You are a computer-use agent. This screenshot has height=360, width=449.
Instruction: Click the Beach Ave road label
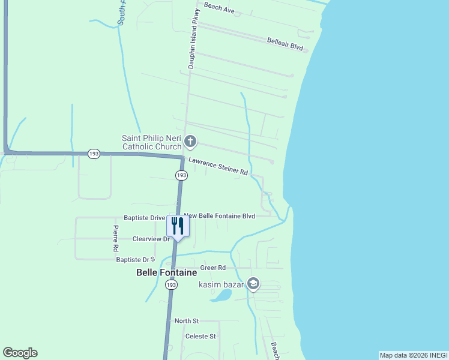pos(218,8)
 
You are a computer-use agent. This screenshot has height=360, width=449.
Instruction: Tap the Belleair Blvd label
pos(285,43)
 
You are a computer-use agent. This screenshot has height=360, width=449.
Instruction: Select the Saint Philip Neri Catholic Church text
pos(151,142)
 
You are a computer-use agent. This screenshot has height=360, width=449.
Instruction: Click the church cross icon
pos(190,142)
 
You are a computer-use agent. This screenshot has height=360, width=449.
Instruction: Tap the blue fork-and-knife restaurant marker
pos(177,226)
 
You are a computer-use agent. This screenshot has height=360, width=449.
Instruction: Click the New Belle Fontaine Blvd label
pos(220,216)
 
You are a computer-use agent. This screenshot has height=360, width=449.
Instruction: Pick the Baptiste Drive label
pos(144,218)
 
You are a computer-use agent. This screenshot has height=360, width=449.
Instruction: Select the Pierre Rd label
pos(116,238)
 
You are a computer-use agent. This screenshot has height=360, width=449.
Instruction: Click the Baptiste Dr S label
pos(136,260)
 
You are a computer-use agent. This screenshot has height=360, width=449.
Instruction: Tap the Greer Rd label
pos(213,268)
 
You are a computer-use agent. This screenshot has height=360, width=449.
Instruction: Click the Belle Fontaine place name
pos(166,272)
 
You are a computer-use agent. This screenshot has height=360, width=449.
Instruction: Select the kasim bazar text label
pos(221,284)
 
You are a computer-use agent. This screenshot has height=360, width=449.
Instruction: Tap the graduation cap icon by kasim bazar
pos(253,283)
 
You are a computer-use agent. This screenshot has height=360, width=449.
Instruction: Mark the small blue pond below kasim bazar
pos(221,295)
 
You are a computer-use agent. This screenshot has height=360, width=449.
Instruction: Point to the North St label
pos(186,321)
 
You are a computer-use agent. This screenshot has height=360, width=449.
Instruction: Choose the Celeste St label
pos(200,337)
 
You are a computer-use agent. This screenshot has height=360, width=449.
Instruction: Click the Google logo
pos(20,353)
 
